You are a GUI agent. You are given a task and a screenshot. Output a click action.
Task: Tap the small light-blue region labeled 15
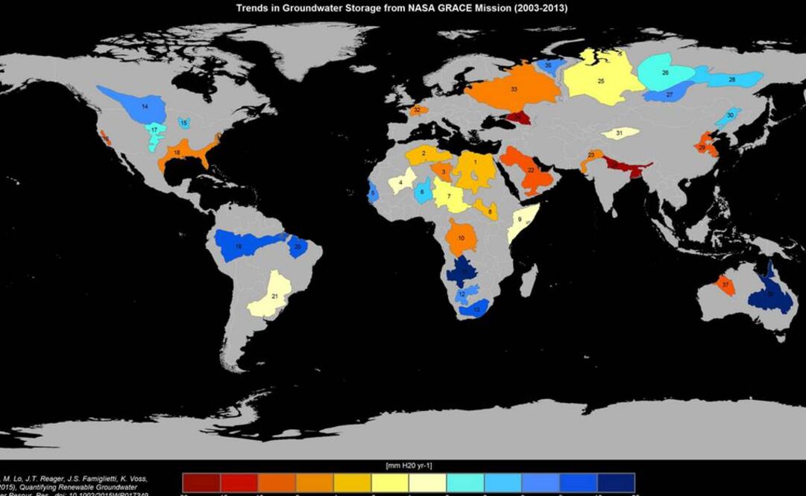tap(183, 123)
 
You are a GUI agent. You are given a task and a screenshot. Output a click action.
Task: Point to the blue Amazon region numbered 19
tap(242, 245)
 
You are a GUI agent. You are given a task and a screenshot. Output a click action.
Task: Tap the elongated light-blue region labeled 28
tap(731, 79)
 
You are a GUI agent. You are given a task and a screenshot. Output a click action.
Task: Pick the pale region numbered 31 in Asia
tap(620, 133)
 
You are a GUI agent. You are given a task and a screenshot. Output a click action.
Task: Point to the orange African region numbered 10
tap(462, 238)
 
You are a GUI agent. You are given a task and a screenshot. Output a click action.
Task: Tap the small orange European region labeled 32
tap(417, 110)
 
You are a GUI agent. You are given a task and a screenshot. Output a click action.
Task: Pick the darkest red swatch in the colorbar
tap(201, 483)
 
